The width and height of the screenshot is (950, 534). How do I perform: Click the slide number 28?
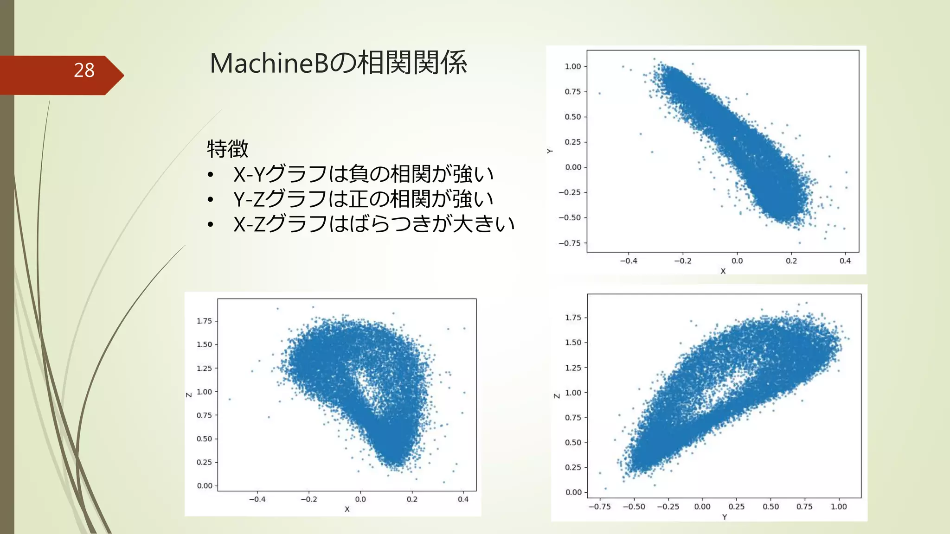84,70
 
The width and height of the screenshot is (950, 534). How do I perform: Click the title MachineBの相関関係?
338,63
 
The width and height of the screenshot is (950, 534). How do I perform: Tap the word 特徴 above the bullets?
227,149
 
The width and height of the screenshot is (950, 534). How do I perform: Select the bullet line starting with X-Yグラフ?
363,174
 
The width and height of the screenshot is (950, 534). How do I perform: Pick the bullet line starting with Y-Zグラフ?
363,199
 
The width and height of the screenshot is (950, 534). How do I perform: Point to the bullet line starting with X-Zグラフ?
373,224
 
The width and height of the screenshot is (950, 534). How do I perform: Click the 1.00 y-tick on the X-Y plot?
573,67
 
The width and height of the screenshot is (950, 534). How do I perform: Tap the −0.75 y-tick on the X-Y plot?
570,243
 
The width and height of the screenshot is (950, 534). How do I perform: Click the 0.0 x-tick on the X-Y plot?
737,261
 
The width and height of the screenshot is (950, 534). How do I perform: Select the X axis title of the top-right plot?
723,271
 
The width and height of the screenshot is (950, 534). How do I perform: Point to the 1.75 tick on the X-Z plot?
204,321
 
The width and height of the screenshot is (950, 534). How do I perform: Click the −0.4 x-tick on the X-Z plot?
257,499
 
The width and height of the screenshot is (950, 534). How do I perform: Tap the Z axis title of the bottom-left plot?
189,395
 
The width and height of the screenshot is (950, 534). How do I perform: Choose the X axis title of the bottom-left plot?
347,509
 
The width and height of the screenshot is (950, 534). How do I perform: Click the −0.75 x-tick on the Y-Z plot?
599,507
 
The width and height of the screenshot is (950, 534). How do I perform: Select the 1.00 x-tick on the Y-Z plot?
839,507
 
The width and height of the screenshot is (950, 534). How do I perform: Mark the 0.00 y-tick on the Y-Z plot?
573,492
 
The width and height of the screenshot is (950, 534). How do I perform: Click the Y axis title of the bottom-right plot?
724,517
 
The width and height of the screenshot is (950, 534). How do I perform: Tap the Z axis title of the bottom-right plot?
557,396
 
